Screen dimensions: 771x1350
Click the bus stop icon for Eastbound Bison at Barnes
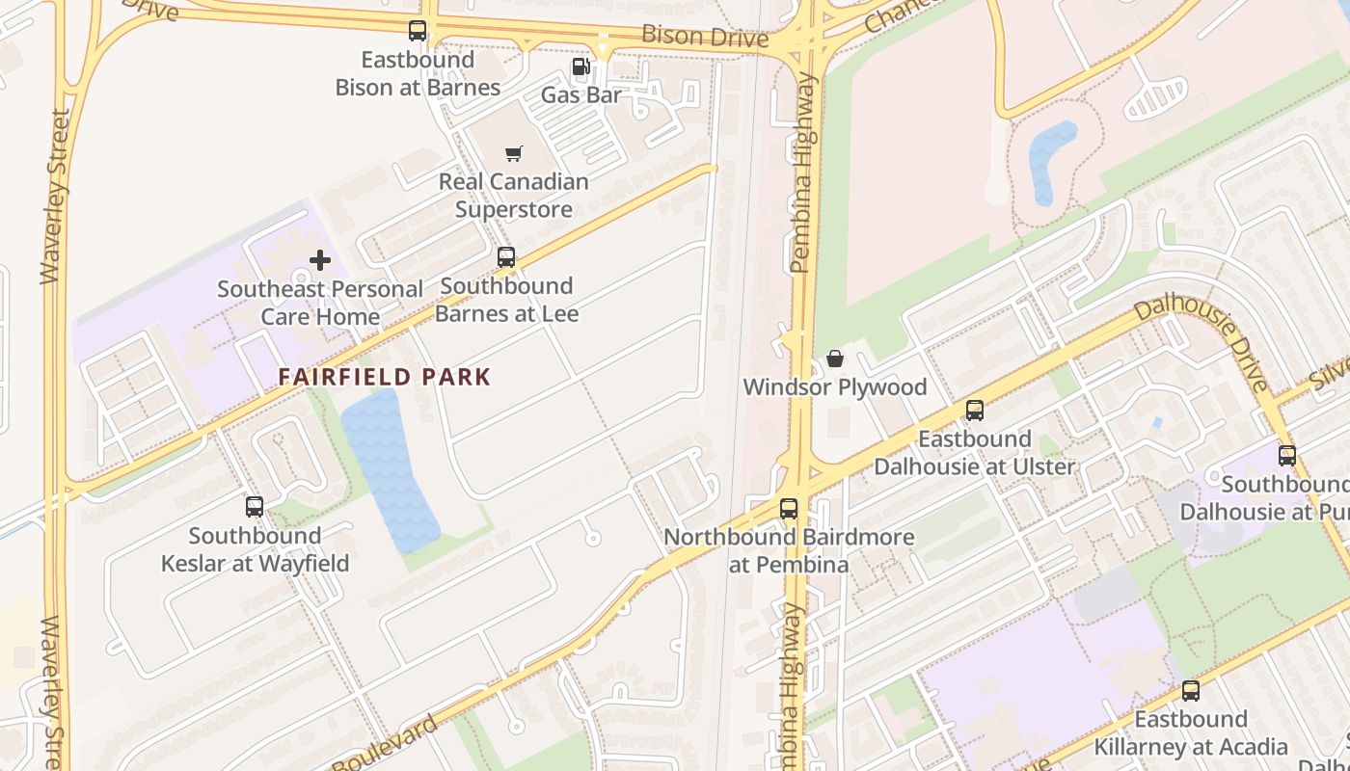pos(417,31)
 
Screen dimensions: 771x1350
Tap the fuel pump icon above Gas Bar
pos(580,66)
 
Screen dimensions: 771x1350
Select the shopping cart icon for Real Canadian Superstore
pos(514,153)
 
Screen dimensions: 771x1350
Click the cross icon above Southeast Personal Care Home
pos(319,260)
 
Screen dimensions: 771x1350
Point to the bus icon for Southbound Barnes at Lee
pos(506,257)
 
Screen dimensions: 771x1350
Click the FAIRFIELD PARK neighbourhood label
pos(385,377)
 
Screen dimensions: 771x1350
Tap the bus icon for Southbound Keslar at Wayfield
pos(255,507)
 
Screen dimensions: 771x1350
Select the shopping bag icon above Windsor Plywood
pos(835,359)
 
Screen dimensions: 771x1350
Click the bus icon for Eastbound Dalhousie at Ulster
pos(975,411)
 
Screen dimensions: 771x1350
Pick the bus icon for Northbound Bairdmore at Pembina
pos(789,509)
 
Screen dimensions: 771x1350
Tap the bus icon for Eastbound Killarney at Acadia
pos(1191,691)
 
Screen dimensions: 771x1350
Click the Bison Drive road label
pos(705,38)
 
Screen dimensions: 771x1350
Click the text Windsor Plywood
pos(834,387)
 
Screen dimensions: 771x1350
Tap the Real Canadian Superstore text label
pos(513,196)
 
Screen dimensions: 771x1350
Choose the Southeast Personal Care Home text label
pos(319,303)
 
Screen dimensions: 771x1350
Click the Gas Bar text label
pos(580,95)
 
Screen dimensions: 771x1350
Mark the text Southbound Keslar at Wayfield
pos(255,549)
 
